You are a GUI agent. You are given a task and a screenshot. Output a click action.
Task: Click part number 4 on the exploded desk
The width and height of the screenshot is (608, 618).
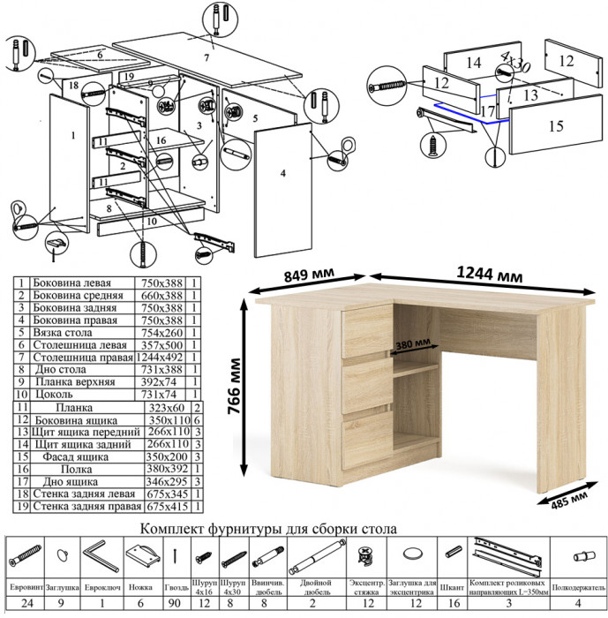click(x=282, y=176)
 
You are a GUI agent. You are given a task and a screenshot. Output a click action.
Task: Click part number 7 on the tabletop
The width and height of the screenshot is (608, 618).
click(x=206, y=57)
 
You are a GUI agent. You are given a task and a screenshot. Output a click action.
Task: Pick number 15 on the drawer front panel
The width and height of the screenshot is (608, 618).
click(x=555, y=126)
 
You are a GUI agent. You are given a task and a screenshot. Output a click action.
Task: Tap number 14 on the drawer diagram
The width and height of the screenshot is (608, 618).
click(x=474, y=62)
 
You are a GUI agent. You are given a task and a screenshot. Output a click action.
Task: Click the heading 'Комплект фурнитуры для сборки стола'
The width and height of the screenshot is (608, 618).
click(x=268, y=529)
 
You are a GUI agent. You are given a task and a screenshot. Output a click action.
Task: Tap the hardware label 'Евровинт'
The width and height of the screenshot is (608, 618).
click(x=26, y=586)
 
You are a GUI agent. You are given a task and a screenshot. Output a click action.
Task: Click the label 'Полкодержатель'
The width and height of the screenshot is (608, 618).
click(x=579, y=586)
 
